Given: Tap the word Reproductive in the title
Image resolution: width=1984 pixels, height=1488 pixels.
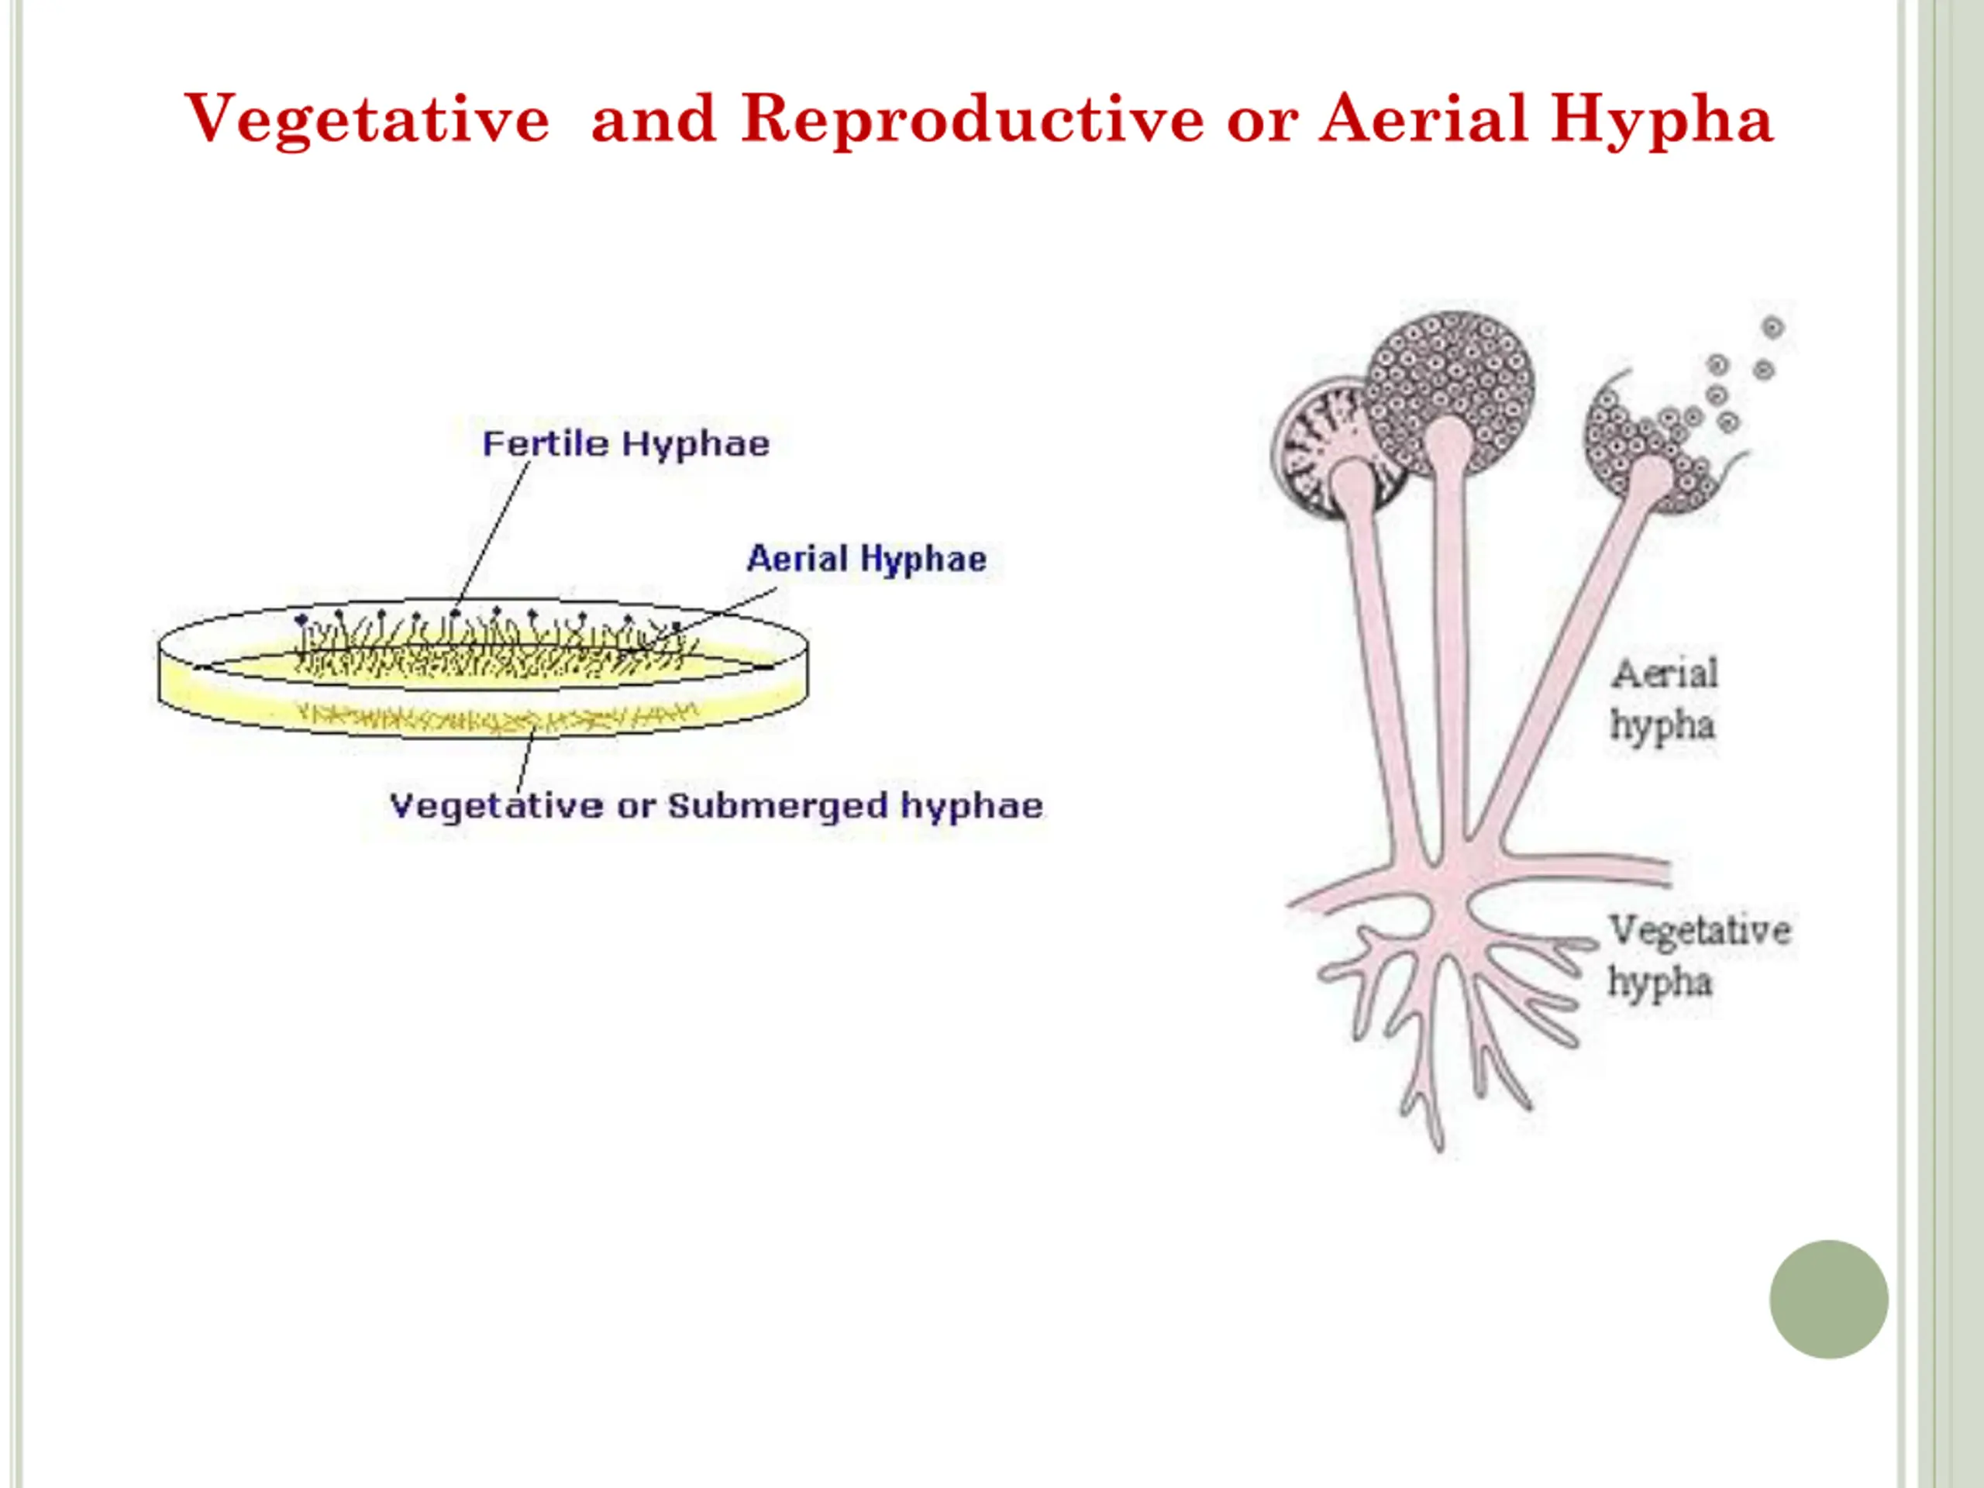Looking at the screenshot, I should click(x=973, y=119).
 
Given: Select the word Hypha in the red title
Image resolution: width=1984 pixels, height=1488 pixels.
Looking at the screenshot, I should click(x=1662, y=119).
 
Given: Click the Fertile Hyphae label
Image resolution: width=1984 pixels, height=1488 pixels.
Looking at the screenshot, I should click(x=626, y=444).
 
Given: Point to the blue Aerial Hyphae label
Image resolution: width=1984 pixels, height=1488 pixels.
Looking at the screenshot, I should click(x=866, y=559).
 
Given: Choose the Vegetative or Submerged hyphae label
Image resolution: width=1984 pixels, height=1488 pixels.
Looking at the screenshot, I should click(x=716, y=805).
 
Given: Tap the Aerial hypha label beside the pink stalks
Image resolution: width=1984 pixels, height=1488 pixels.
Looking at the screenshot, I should click(x=1664, y=700).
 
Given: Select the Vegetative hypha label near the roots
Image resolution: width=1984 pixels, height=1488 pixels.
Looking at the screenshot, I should click(x=1698, y=956).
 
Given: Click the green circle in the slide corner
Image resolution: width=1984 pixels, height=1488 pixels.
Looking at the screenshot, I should click(x=1828, y=1299).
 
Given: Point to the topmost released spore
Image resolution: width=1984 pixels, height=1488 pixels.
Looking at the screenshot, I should click(x=1772, y=327).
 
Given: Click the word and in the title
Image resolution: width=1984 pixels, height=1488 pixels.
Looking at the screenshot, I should click(x=653, y=119).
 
